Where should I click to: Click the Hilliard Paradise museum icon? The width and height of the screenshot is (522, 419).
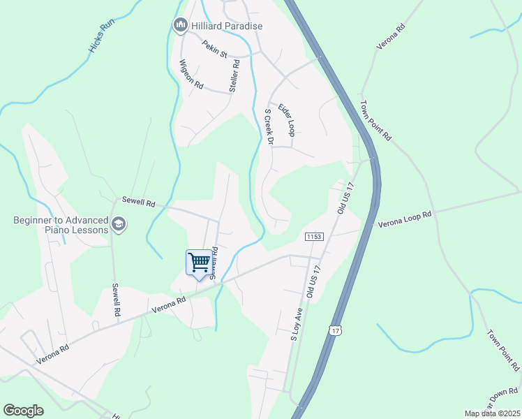179,26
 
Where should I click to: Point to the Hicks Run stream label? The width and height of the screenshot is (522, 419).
100,36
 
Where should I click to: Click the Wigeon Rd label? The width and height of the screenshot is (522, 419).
191,75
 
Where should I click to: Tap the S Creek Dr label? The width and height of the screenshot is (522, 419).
267,126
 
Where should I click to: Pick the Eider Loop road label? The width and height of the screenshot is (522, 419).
287,119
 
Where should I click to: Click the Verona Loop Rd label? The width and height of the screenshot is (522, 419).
405,221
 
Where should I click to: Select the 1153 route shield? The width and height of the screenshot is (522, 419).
314,237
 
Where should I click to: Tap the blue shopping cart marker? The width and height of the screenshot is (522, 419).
200,263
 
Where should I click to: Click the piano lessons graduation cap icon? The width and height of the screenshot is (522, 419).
119,224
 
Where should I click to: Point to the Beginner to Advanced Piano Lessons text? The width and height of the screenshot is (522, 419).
61,225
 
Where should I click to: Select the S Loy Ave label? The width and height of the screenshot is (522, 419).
296,324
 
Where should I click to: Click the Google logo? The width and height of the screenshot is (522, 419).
23,410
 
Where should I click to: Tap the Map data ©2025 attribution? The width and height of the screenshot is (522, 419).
492,413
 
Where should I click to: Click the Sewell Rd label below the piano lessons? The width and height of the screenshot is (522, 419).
117,300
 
